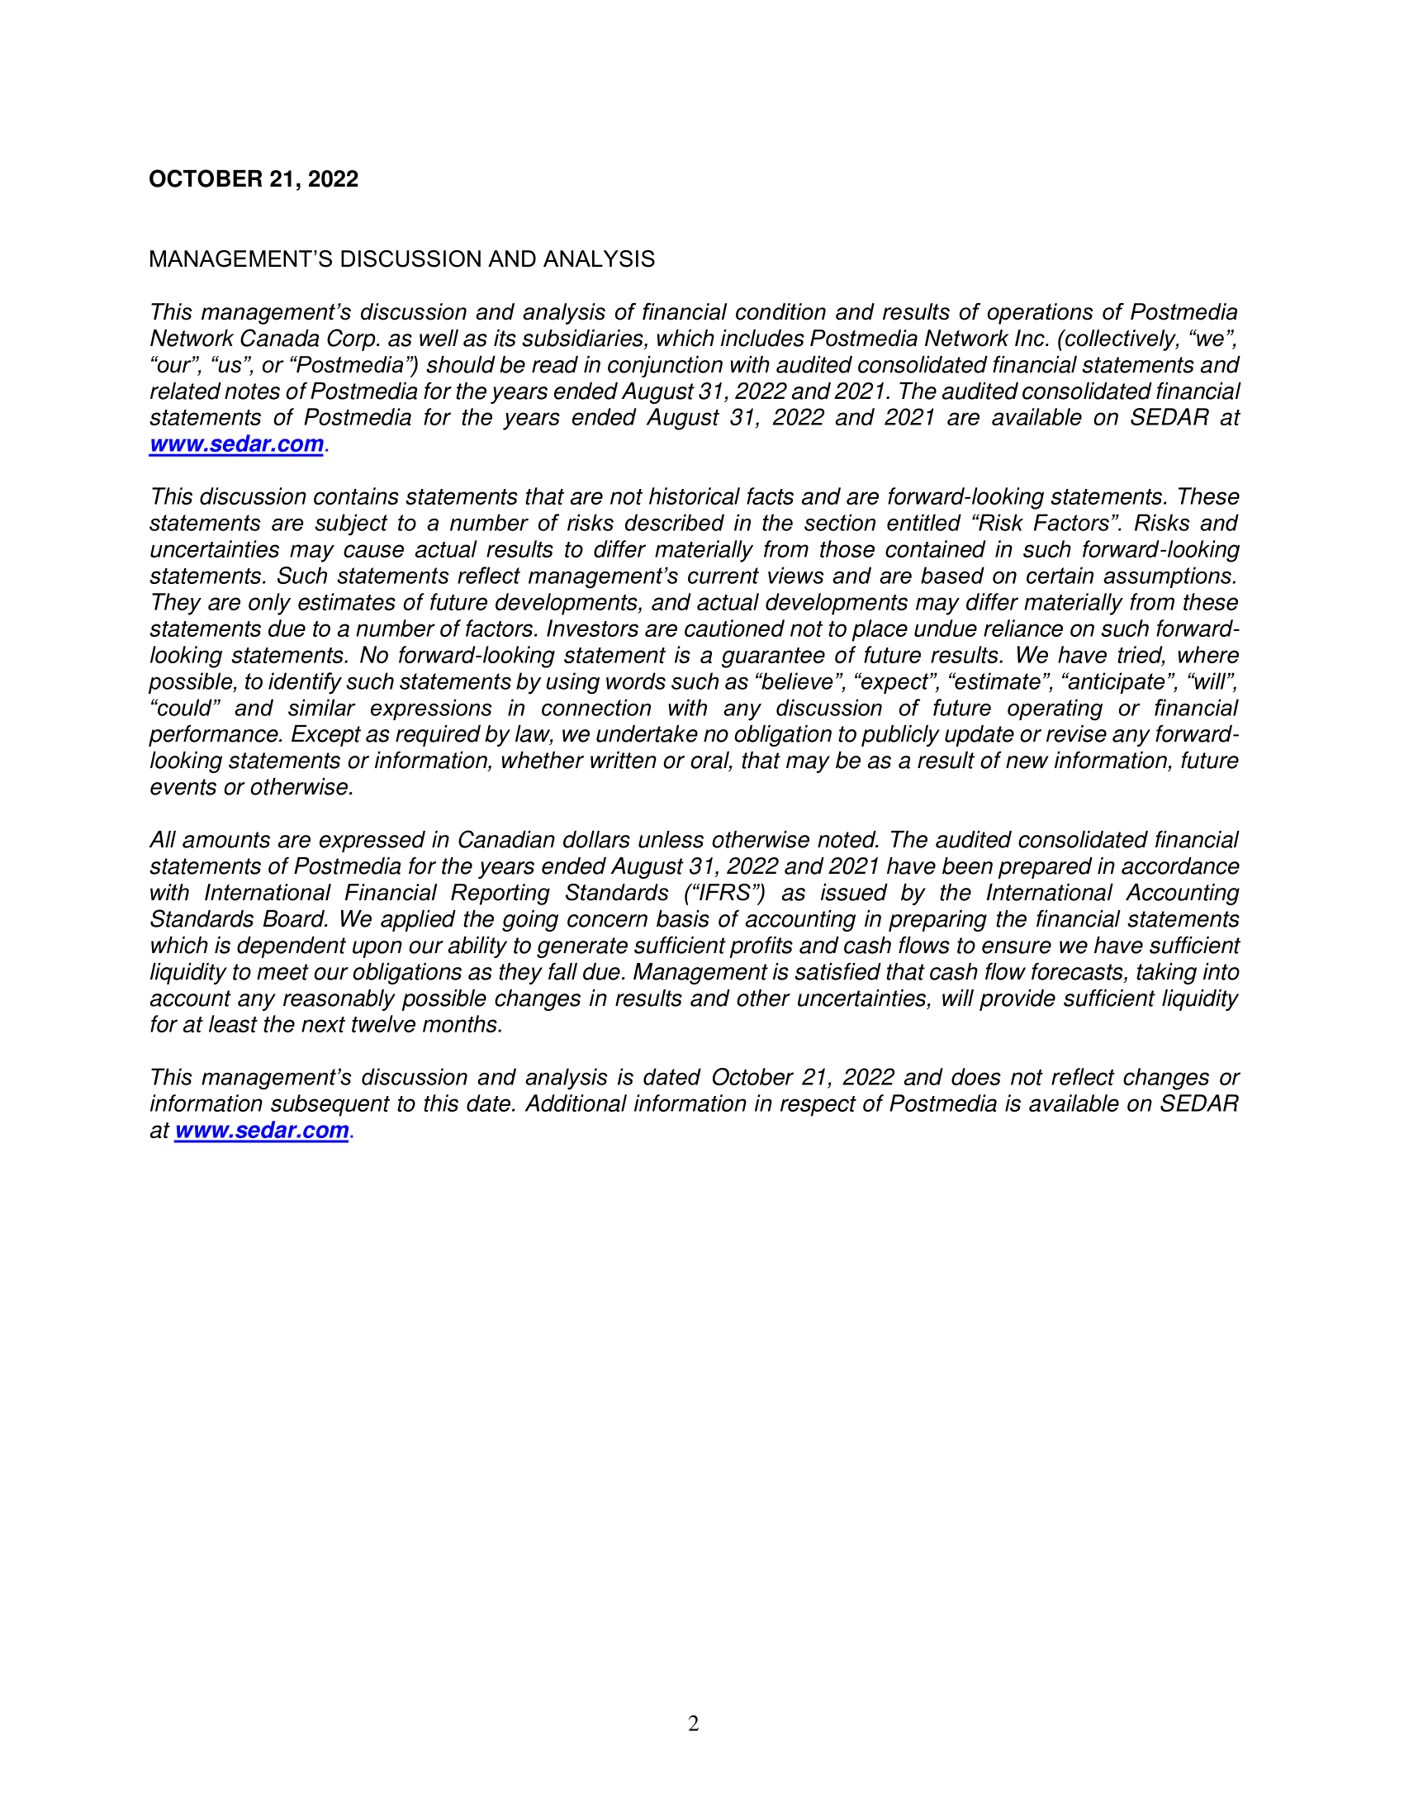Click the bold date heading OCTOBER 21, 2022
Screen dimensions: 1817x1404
coord(253,179)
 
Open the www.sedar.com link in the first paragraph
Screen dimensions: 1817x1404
coord(236,444)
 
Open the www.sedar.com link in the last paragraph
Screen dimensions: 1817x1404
coord(261,1131)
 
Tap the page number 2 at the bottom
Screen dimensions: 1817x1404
coord(694,1724)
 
